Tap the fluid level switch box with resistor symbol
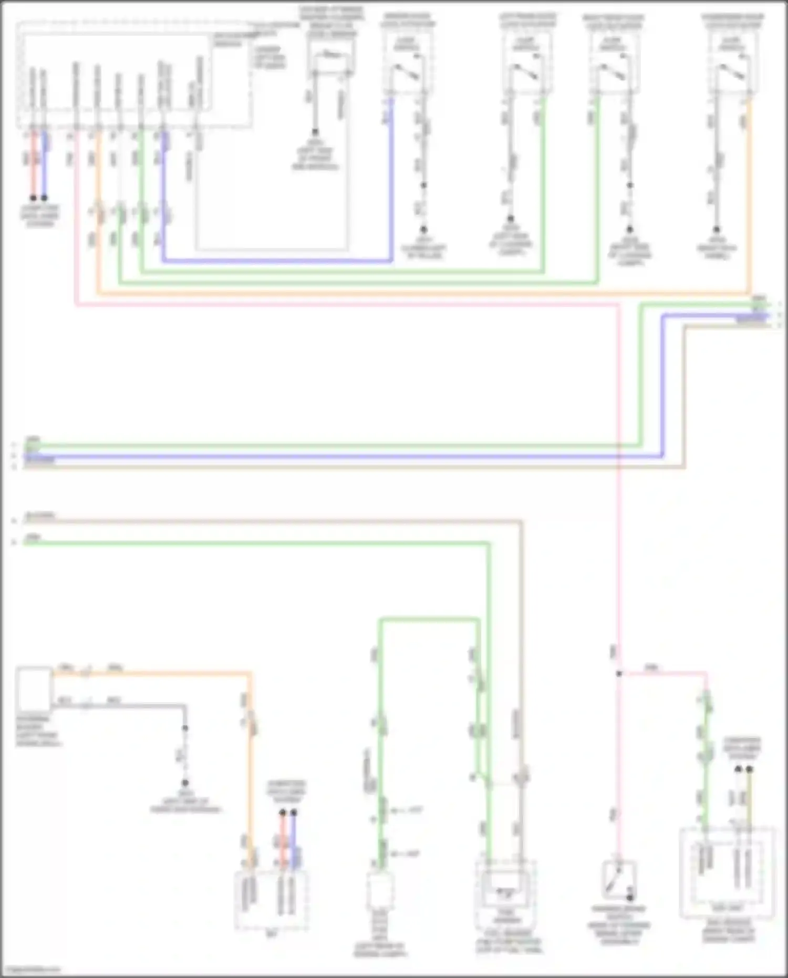click(x=331, y=63)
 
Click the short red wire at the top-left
click(x=34, y=163)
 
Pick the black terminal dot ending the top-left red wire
click(x=33, y=198)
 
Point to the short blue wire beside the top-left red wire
click(x=44, y=163)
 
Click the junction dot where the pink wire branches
click(x=619, y=674)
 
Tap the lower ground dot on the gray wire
click(x=185, y=783)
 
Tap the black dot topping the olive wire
click(x=749, y=769)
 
